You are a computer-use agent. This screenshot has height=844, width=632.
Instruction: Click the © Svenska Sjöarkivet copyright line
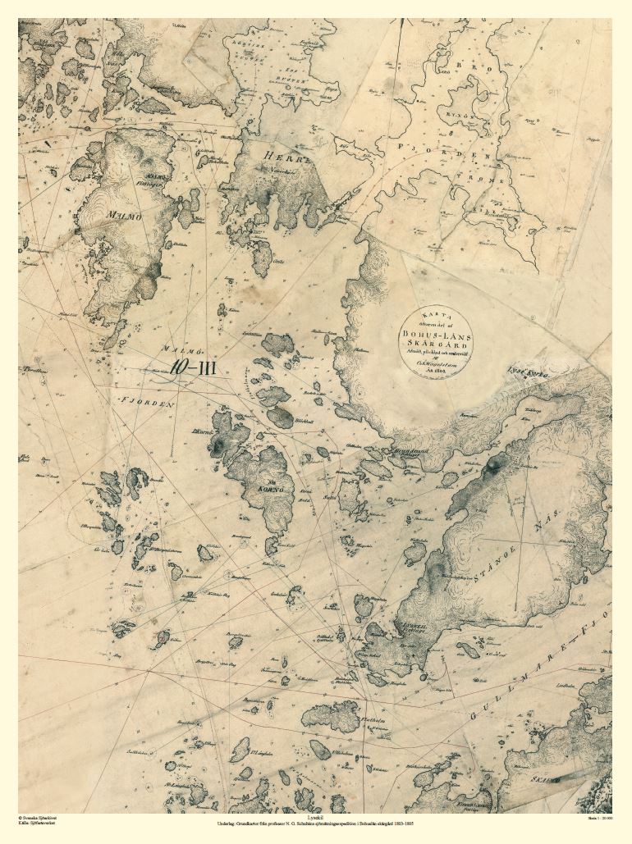pyautogui.click(x=39, y=818)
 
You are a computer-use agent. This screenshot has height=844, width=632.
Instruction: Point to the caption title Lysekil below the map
pyautogui.click(x=316, y=818)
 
